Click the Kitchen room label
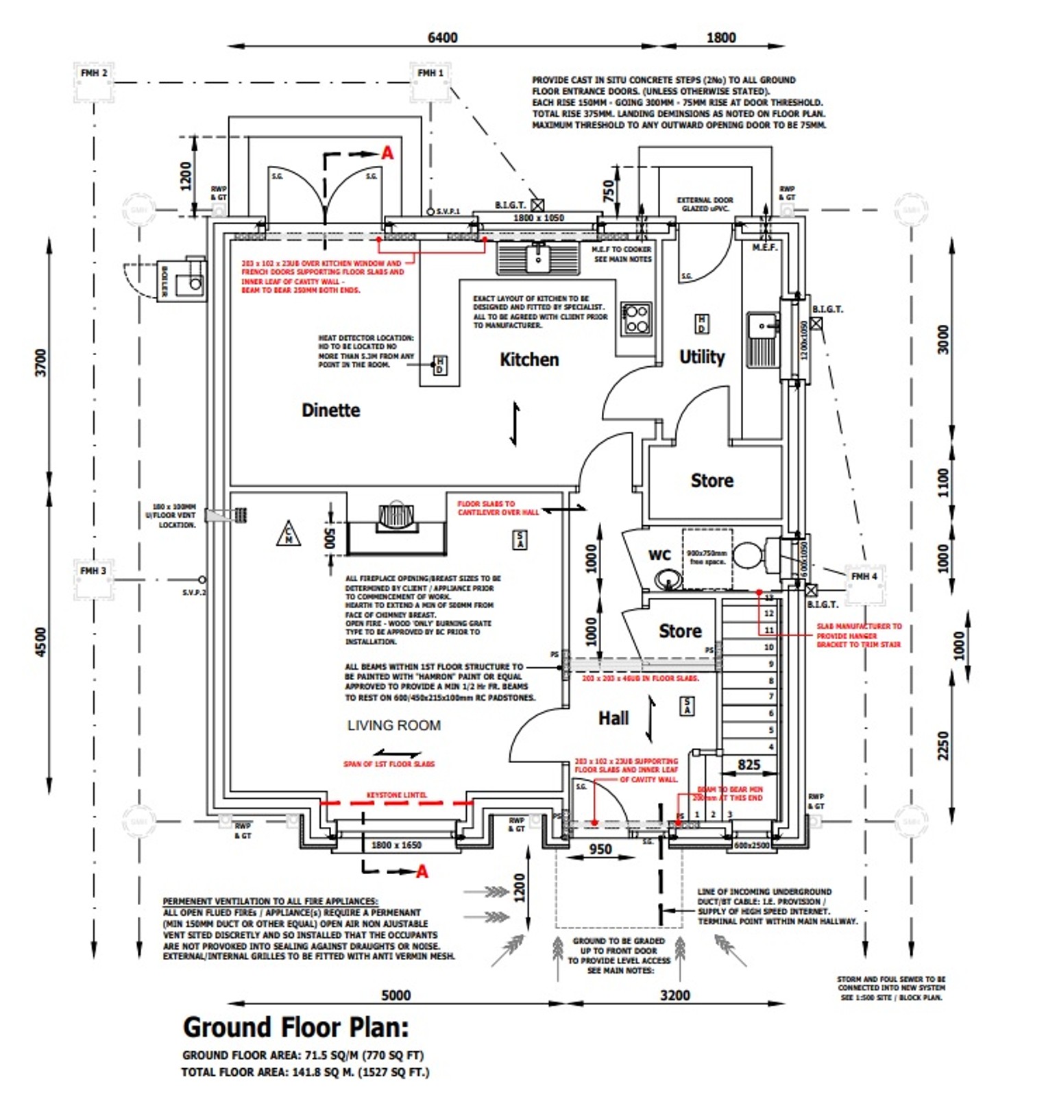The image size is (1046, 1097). click(x=528, y=359)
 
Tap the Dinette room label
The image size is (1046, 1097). click(x=330, y=410)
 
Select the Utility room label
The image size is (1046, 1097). click(x=701, y=357)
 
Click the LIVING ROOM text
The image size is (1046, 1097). click(x=393, y=725)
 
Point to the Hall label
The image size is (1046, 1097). click(x=613, y=718)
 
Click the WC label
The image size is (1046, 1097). click(x=659, y=555)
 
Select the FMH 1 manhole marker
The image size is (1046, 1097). click(x=430, y=73)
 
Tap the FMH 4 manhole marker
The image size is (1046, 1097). click(x=864, y=577)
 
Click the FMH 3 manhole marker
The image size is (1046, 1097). click(x=93, y=570)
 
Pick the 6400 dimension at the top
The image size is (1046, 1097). click(x=442, y=37)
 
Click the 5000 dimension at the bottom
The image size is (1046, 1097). click(x=396, y=995)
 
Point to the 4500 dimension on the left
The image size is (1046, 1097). click(x=41, y=642)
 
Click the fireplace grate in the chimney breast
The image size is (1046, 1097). click(x=396, y=515)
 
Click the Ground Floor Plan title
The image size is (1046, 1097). click(x=295, y=1027)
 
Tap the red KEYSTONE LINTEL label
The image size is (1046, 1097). click(x=396, y=795)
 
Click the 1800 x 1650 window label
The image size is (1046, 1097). click(x=396, y=845)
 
